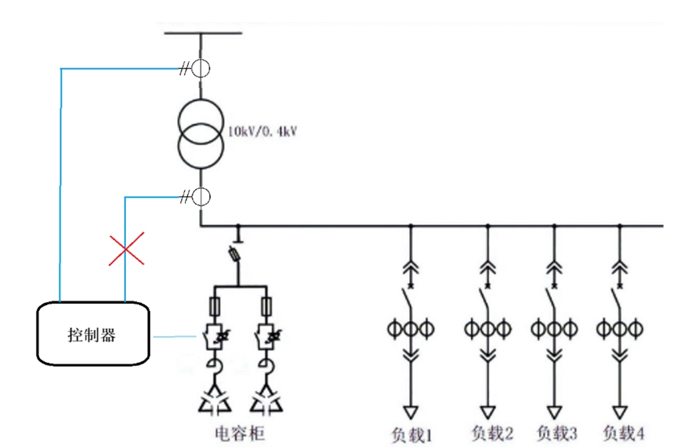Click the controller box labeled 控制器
click(91, 334)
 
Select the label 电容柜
click(239, 433)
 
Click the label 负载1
click(411, 434)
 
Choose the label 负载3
click(556, 434)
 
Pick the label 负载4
click(623, 434)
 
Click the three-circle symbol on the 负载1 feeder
click(410, 328)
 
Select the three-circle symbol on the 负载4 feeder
click(620, 328)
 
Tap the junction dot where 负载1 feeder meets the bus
click(410, 226)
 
